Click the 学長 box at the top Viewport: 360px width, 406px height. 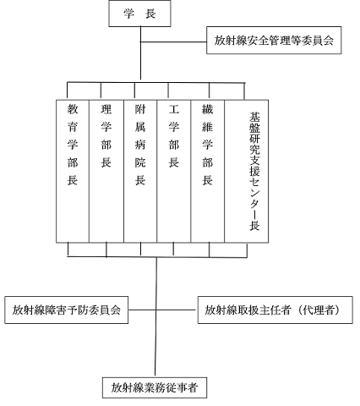[139, 14]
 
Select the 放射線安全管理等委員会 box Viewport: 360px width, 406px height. [274, 41]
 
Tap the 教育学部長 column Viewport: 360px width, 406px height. [73, 171]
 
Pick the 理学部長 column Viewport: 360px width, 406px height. [106, 171]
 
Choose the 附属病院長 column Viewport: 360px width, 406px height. [140, 171]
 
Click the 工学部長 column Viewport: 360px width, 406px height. [174, 171]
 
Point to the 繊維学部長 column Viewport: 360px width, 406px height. [208, 171]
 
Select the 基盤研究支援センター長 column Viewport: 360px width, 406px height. [247, 171]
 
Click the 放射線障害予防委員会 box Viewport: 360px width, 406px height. [67, 310]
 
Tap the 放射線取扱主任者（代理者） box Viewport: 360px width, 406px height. [275, 310]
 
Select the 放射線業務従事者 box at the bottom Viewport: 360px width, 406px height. [155, 387]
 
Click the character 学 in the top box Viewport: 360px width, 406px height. [128, 14]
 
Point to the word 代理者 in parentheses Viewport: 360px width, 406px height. [319, 310]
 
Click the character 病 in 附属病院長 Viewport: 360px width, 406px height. [140, 145]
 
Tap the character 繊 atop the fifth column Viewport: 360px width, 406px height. [208, 109]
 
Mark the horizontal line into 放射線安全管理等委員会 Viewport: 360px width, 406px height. [173, 42]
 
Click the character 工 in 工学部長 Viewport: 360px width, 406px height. [174, 109]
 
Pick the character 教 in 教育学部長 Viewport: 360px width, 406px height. [73, 109]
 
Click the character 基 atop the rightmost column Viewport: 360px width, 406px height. [254, 117]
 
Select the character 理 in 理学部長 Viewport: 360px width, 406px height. [106, 109]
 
